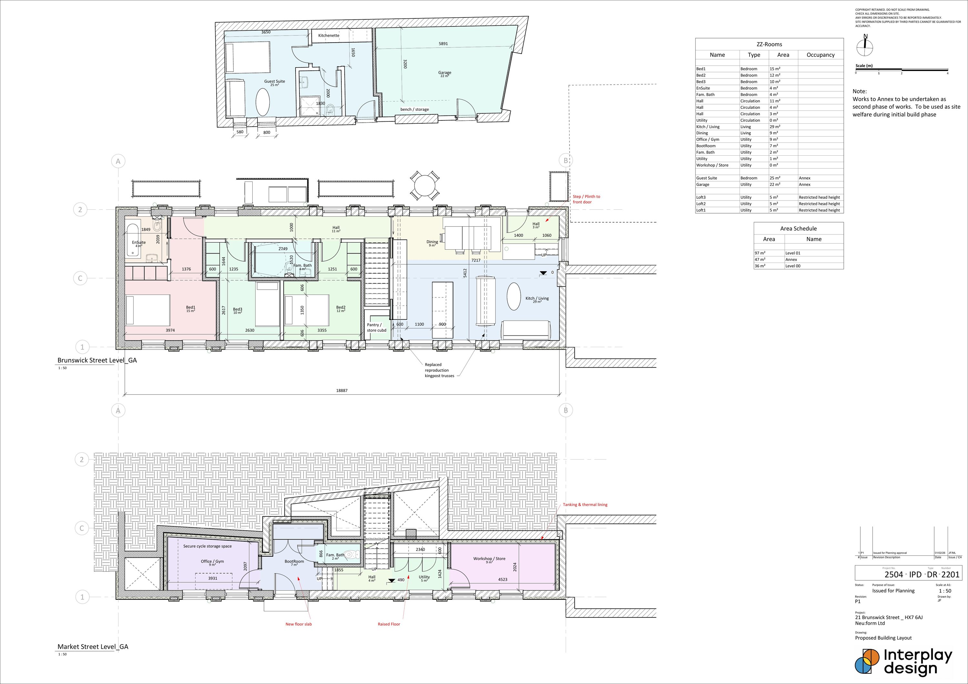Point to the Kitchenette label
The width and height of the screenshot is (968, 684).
328,36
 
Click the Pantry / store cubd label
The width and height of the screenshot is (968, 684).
376,327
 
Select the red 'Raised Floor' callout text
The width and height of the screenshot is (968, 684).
389,624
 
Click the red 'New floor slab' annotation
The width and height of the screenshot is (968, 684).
298,624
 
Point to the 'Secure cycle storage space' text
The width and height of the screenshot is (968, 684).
207,546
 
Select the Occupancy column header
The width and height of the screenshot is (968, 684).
821,55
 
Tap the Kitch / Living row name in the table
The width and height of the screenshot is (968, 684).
708,127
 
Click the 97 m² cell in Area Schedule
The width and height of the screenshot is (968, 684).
760,253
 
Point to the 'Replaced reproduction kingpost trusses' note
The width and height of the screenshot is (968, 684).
439,370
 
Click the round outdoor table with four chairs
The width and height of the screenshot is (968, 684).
425,186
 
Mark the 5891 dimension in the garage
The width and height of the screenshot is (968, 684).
443,44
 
